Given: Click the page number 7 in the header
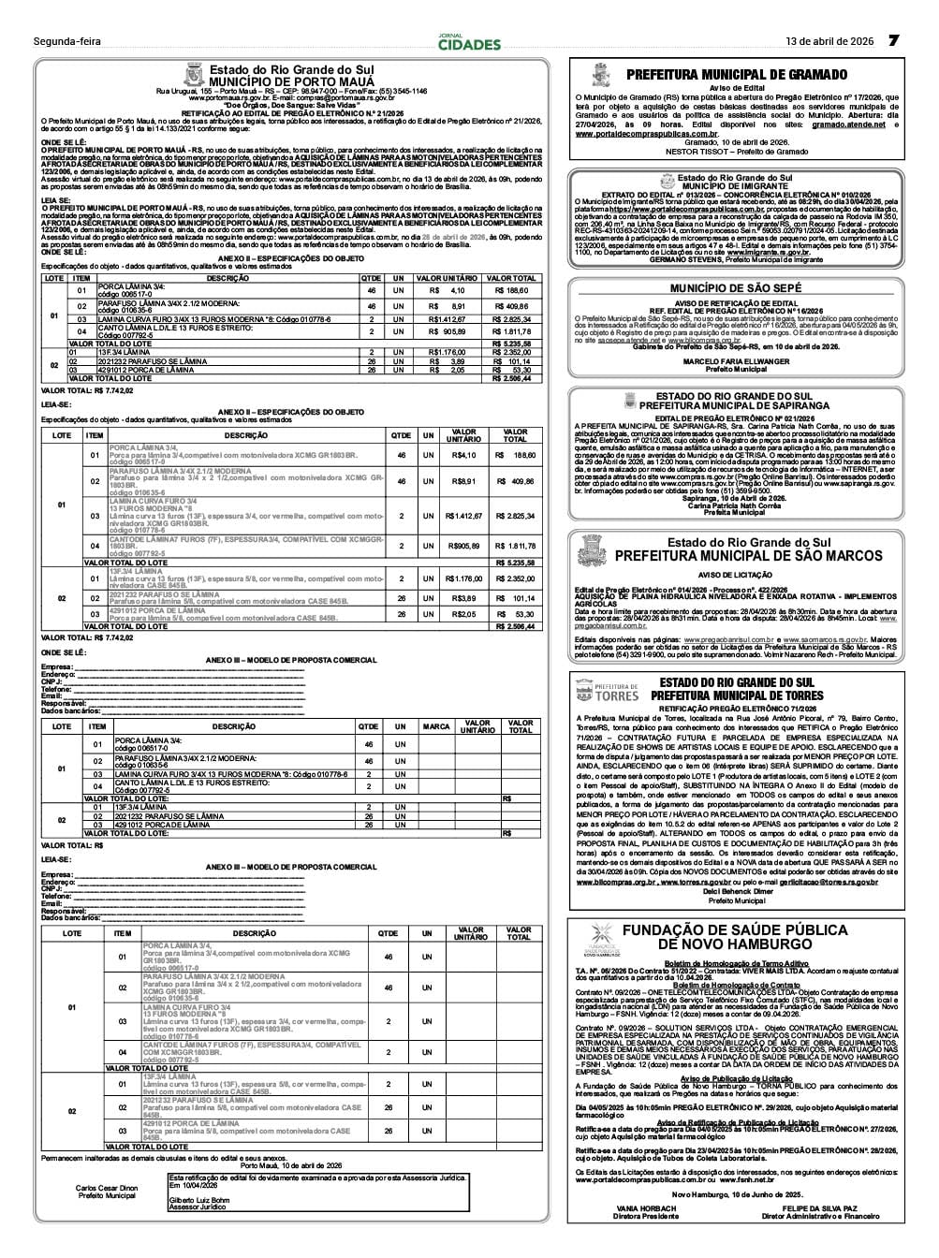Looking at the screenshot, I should (893, 41).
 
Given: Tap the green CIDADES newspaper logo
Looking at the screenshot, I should (469, 43).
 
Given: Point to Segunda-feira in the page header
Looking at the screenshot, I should (66, 42).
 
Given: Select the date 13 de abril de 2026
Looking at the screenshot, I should (829, 42).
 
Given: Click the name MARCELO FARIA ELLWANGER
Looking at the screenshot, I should (735, 361).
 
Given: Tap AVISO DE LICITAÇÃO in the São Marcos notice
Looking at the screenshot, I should (735, 574).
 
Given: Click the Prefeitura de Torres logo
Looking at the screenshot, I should (605, 693).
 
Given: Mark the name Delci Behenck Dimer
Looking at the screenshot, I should (736, 892).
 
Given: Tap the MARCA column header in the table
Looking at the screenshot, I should (436, 726).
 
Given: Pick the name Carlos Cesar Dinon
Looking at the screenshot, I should (106, 1188).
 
